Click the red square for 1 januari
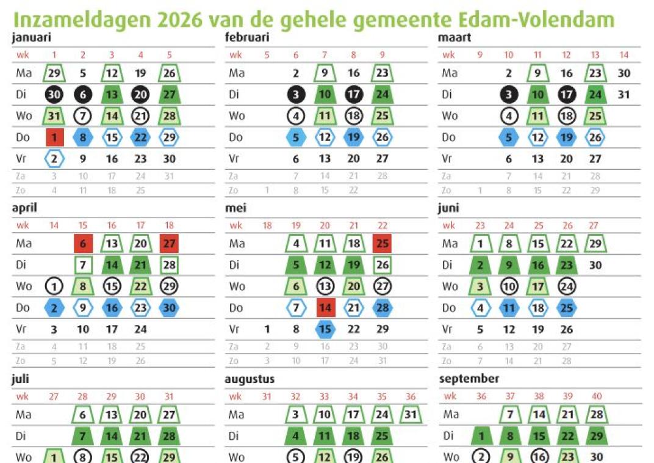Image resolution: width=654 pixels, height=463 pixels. click(54, 137)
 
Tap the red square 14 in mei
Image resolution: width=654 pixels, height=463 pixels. click(325, 308)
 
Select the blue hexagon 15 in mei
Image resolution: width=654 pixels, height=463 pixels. click(325, 329)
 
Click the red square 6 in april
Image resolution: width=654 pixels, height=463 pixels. click(83, 244)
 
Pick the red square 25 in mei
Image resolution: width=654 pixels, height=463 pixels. click(382, 244)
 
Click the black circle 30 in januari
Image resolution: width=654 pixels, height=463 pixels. click(54, 95)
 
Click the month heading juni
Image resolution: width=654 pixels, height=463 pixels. click(448, 208)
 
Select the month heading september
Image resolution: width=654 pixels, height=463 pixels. click(469, 379)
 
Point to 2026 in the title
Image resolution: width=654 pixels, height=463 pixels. click(180, 20)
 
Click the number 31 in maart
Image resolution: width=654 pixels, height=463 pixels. click(623, 95)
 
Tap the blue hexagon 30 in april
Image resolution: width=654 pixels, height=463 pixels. click(169, 308)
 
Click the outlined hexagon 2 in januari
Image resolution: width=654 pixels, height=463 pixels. click(54, 159)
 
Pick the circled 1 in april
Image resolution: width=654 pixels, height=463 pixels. click(54, 286)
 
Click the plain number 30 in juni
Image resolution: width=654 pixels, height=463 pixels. click(595, 265)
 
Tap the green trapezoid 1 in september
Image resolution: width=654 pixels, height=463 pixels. click(481, 436)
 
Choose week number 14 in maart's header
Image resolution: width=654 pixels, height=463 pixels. click(623, 55)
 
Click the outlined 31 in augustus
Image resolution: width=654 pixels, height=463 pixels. click(411, 415)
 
